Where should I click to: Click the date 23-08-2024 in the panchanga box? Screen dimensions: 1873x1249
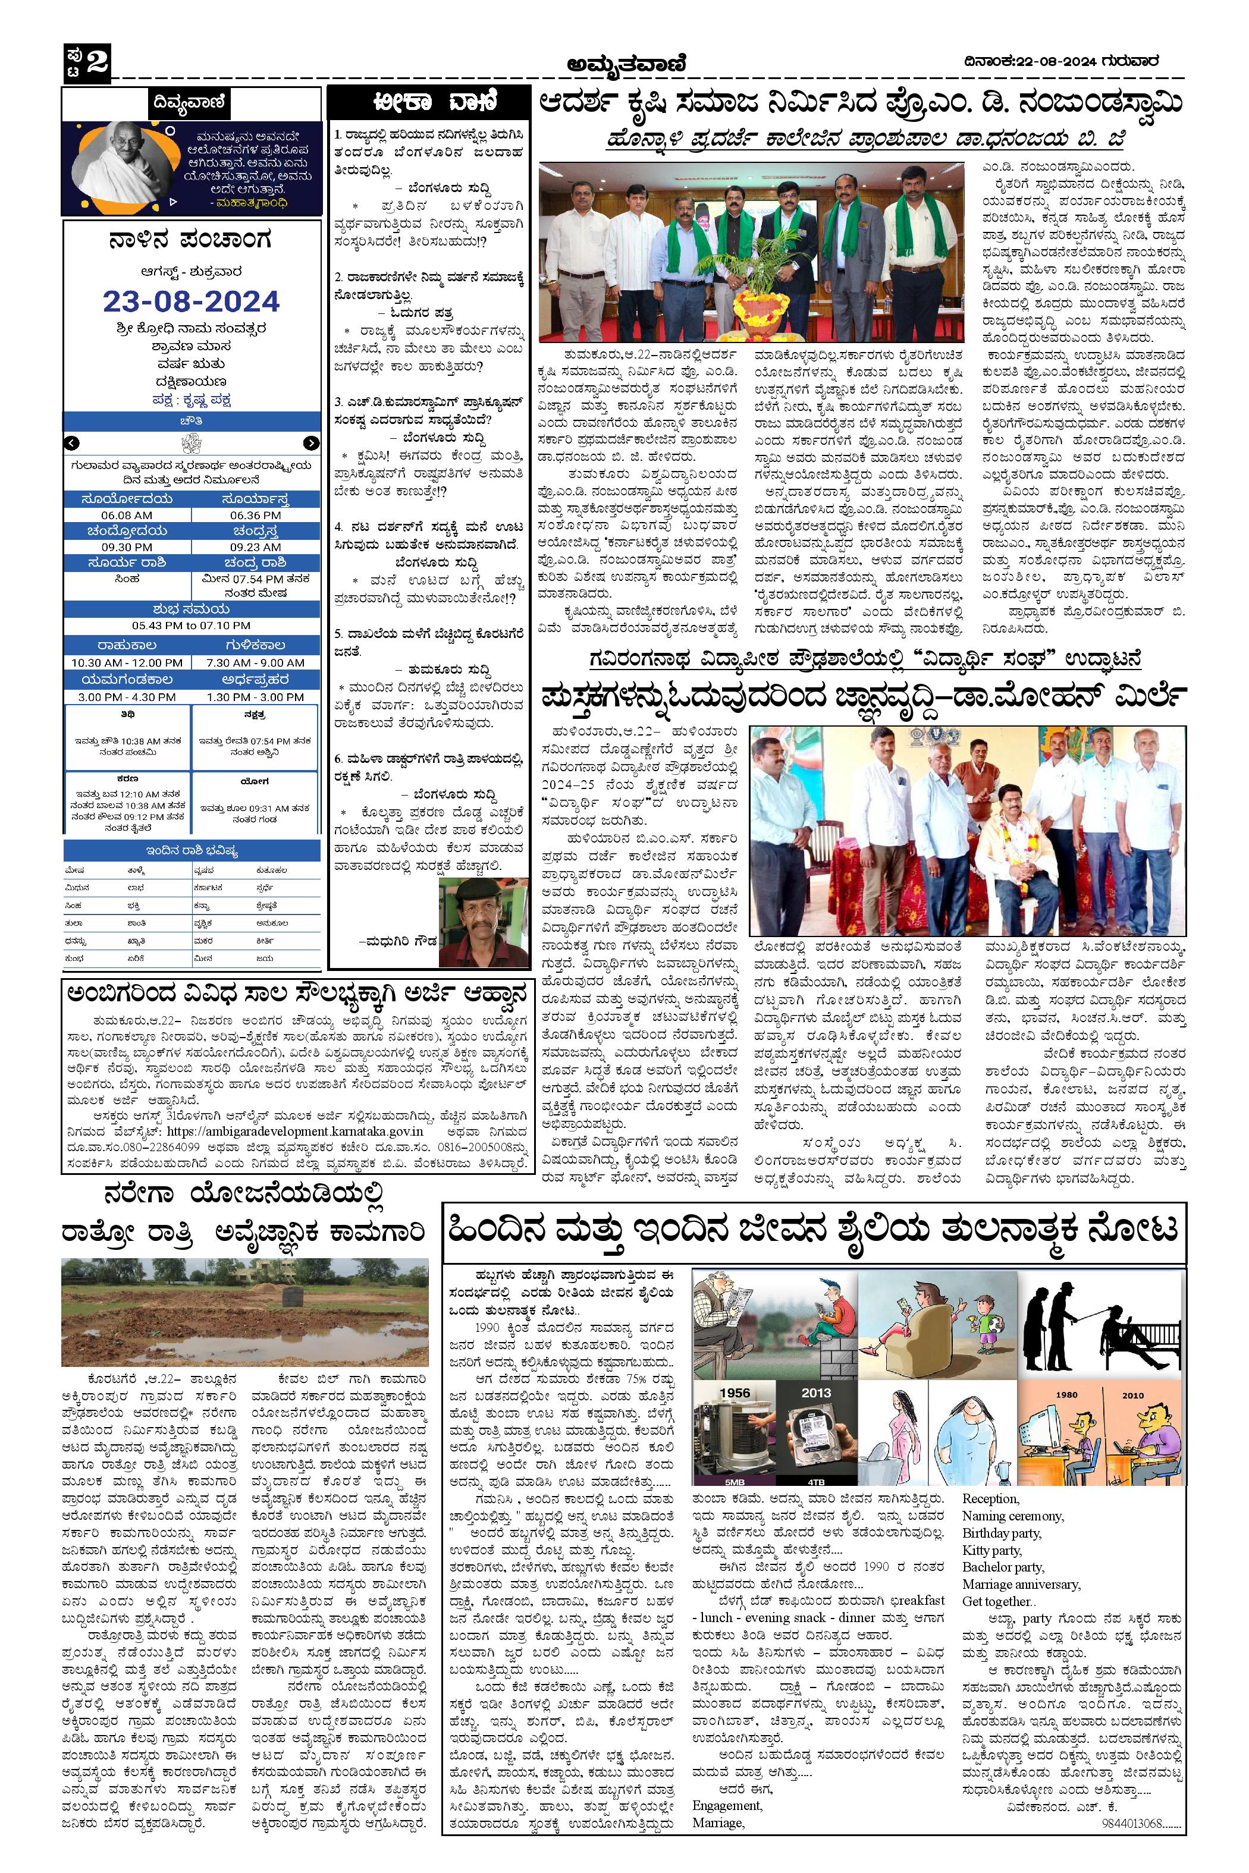(x=191, y=301)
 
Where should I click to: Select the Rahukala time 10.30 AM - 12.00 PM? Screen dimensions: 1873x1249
(x=127, y=662)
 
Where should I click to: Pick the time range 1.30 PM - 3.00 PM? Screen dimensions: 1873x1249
(x=255, y=697)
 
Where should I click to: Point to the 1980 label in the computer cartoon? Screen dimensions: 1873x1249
(x=1066, y=1395)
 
